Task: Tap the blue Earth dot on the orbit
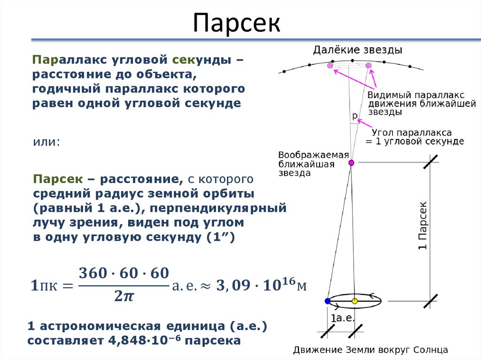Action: [327, 300]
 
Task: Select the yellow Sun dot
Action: [355, 300]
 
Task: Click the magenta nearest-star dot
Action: [351, 163]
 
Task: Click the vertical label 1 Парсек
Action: [423, 225]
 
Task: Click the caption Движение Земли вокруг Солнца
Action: [371, 350]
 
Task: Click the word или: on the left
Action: [46, 142]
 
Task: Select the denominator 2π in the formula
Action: [123, 296]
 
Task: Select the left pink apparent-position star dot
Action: [331, 66]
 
